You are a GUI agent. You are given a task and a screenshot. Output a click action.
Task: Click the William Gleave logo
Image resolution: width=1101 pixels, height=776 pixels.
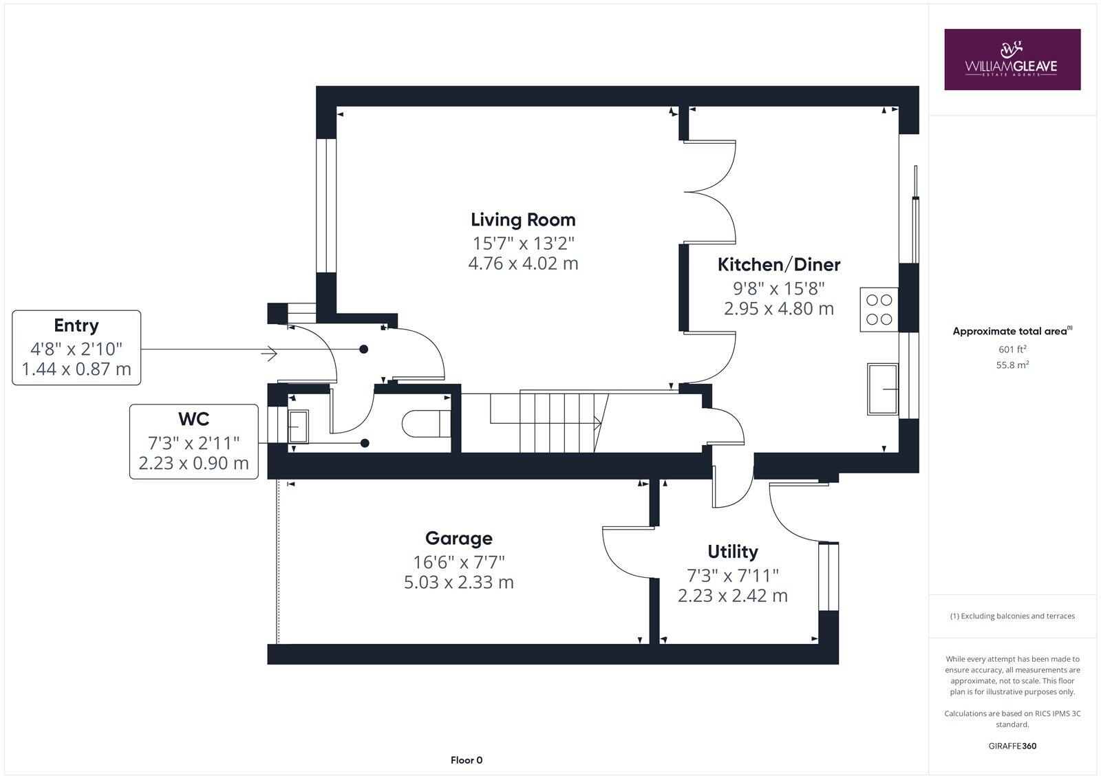tap(1012, 59)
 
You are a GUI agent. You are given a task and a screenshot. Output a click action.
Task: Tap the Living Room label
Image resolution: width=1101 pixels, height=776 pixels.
tap(523, 220)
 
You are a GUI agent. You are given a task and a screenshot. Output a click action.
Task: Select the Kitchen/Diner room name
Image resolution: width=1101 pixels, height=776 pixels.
tap(779, 264)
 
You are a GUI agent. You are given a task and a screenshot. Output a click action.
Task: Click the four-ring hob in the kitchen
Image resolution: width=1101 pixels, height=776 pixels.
tap(879, 310)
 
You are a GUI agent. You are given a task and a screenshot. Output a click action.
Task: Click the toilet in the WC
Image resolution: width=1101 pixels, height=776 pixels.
tap(425, 424)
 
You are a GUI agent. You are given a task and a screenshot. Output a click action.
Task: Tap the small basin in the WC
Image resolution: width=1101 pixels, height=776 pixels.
tap(299, 426)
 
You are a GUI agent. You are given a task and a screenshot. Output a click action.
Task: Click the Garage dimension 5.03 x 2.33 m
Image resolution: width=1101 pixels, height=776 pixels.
tap(458, 583)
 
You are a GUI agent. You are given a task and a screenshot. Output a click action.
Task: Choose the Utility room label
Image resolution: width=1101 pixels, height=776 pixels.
tap(733, 552)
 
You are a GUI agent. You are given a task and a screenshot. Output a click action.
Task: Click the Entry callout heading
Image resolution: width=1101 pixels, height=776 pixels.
tap(76, 325)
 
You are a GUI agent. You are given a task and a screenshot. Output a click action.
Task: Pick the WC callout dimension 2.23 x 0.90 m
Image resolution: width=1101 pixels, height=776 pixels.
tap(193, 464)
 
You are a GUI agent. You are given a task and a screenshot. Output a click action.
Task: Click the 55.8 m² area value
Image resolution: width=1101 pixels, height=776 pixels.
tap(1012, 365)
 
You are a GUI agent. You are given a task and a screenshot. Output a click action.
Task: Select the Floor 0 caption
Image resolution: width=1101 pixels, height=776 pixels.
tap(467, 760)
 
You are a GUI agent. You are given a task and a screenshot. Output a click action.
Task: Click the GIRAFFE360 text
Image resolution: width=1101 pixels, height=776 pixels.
tap(1012, 746)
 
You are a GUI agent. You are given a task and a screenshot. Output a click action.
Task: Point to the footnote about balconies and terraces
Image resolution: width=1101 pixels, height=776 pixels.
tap(1012, 616)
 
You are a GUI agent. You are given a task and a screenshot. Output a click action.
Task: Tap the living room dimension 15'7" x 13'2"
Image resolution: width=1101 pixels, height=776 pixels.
tap(523, 243)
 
